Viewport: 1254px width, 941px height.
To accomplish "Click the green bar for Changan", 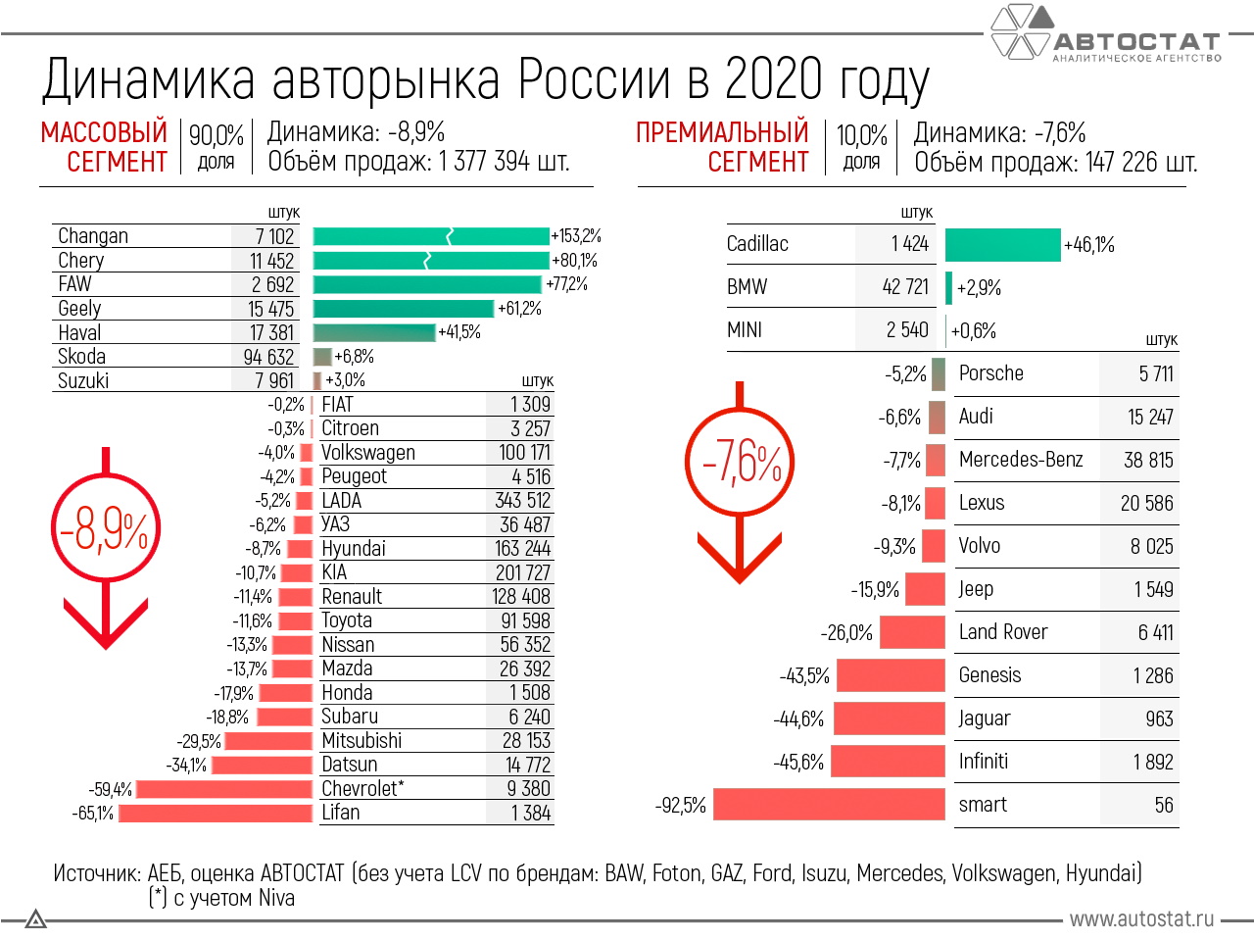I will tap(431, 236).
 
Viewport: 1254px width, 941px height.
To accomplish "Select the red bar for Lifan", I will tap(216, 813).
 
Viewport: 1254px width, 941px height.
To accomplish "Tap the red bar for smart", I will tap(829, 805).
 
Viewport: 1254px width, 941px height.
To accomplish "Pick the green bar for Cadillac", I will tap(1002, 245).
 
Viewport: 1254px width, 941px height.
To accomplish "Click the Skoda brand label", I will tap(81, 357).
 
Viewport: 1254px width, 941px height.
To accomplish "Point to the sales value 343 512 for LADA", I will tap(522, 501).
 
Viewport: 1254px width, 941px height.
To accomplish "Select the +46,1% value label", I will tap(1089, 245).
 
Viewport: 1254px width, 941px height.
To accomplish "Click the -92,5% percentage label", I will tap(681, 806).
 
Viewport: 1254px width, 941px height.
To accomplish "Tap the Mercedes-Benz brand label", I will tap(1021, 460).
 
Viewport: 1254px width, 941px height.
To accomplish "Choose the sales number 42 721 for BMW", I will tap(905, 287).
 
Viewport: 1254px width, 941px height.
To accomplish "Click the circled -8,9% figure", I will tap(105, 530).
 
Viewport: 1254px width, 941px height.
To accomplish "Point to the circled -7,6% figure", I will tap(740, 462).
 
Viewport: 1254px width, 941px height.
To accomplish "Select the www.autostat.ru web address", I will tap(1141, 919).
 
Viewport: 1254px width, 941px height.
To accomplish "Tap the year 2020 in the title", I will tap(773, 79).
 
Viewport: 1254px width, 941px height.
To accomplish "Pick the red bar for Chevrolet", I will tap(224, 789).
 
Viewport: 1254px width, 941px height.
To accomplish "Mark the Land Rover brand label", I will tap(1003, 632).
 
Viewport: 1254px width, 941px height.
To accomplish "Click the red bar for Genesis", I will tap(891, 675).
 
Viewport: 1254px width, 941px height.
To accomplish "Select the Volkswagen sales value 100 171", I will tap(524, 453).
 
